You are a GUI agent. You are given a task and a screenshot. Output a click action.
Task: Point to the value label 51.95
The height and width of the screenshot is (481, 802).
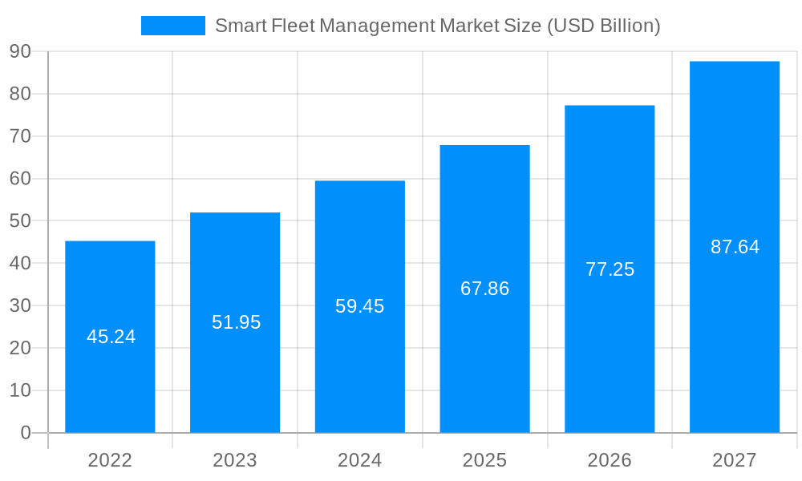[236, 322]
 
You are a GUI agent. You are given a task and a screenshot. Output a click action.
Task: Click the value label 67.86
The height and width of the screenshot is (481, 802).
[484, 289]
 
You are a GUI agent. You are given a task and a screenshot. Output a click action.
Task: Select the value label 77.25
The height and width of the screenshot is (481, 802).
[610, 269]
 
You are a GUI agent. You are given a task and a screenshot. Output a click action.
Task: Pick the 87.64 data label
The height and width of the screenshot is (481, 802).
[735, 247]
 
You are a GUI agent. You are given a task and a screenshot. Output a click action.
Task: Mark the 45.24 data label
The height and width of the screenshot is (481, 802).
[111, 337]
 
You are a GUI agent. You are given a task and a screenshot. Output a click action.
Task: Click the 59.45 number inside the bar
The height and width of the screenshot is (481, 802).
[360, 306]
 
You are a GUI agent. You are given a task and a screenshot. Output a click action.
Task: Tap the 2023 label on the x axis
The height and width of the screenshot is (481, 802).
[235, 460]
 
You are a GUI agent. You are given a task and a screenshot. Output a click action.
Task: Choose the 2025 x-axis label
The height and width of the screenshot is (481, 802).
[484, 460]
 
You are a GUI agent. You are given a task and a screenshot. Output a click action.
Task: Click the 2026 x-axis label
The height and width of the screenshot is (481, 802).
[610, 460]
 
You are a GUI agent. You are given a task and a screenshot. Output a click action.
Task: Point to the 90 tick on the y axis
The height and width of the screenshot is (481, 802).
[20, 52]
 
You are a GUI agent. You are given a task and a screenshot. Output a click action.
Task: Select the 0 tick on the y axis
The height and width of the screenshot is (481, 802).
[26, 433]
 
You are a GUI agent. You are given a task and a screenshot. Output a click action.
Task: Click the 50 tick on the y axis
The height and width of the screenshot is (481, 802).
[20, 221]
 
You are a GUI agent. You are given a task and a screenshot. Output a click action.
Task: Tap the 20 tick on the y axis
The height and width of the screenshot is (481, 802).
[20, 348]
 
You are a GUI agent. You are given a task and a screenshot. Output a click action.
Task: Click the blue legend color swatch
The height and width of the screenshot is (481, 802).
[172, 26]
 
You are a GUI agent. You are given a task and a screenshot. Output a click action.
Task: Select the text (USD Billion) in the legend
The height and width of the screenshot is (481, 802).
[603, 26]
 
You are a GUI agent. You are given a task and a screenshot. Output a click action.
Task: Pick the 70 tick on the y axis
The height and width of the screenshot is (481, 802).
[20, 136]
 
